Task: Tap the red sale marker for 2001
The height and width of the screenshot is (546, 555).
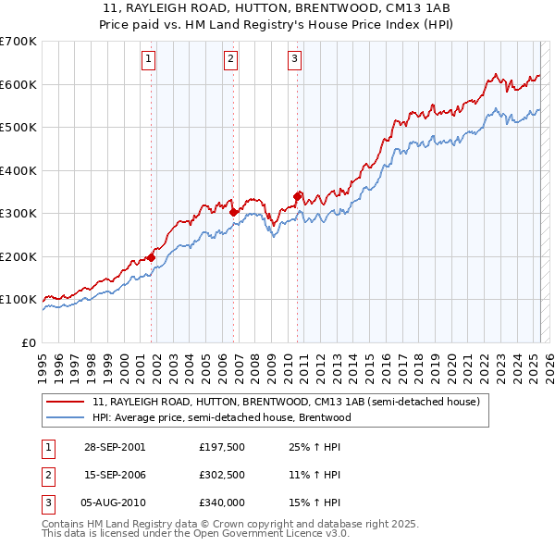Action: pos(152,258)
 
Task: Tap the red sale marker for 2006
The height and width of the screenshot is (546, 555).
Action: pos(233,212)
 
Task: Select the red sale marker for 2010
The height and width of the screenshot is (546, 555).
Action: pos(297,196)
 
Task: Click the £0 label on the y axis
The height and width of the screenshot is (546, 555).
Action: pos(30,342)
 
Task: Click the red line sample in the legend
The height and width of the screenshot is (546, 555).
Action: pos(65,403)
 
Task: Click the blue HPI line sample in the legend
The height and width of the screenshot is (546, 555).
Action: pos(65,417)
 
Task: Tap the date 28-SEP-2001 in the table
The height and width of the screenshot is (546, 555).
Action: pos(114,447)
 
